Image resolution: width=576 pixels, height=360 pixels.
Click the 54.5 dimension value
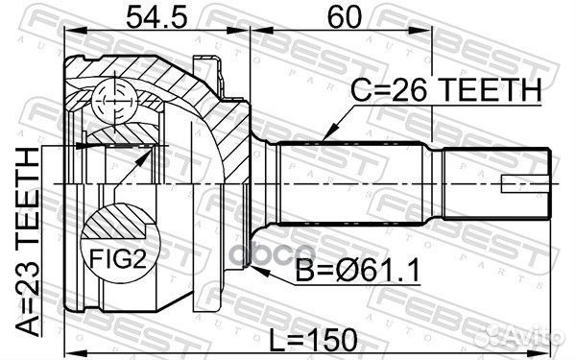tap(156, 17)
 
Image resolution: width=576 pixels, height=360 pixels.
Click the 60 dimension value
tap(345, 17)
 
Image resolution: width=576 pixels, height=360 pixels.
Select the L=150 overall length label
tap(313, 340)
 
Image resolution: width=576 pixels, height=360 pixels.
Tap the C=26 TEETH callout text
tap(446, 90)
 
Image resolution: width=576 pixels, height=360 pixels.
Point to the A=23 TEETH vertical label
tap(27, 243)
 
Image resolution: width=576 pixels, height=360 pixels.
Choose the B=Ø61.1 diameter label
tap(358, 271)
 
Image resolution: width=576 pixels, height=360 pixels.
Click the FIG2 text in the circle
tap(118, 258)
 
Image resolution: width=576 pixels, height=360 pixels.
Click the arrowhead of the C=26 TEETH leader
tap(327, 133)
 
